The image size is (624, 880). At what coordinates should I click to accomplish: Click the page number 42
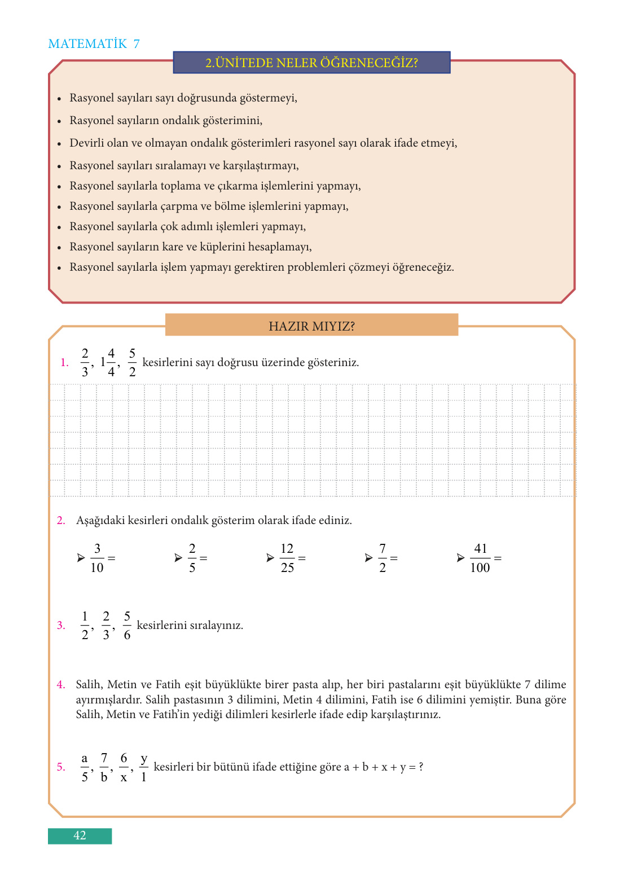click(80, 835)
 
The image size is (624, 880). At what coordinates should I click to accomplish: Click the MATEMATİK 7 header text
click(94, 44)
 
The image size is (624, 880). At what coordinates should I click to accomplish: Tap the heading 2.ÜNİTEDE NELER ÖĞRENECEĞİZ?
click(311, 63)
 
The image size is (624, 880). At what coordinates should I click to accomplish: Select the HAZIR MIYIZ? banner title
click(311, 326)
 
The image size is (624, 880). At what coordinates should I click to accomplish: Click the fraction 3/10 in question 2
click(97, 558)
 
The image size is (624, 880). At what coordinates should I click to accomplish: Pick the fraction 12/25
click(287, 558)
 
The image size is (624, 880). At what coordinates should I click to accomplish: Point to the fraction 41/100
click(480, 558)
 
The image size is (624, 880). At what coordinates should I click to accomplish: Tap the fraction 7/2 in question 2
click(383, 558)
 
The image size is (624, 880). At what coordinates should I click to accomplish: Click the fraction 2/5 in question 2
click(192, 558)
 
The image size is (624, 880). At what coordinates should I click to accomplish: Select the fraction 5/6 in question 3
click(127, 626)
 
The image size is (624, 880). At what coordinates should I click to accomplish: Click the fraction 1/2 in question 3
click(85, 626)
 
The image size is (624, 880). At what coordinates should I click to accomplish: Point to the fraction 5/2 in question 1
click(132, 362)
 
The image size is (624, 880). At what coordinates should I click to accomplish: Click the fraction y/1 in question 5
click(144, 767)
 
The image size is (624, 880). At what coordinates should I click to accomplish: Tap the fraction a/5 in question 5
click(85, 767)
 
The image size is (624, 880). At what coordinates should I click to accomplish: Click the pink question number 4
click(61, 685)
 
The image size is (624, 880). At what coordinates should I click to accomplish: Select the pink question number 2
click(61, 521)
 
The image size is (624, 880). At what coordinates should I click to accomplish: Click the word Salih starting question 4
click(89, 685)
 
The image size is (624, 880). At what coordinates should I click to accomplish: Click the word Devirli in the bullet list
click(87, 143)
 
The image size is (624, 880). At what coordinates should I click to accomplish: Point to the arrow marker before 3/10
click(81, 558)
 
